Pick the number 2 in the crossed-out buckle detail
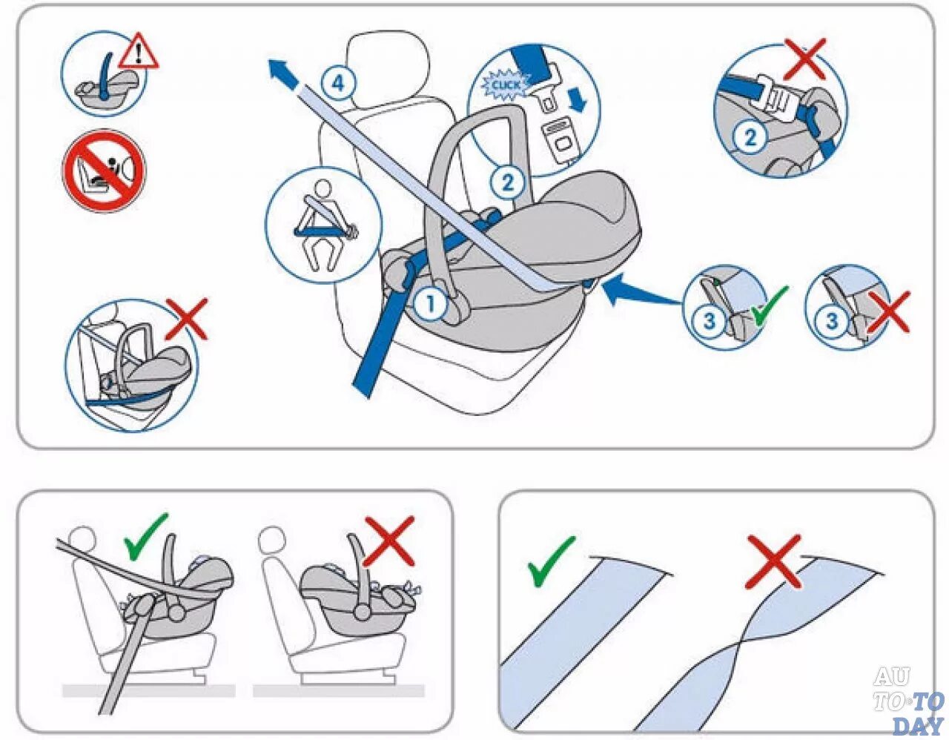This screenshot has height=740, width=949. (750, 137)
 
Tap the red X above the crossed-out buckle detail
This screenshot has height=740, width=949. (805, 59)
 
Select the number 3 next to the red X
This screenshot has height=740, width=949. (832, 321)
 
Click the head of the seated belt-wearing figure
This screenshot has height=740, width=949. (323, 190)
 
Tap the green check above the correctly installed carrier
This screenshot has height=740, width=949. (145, 537)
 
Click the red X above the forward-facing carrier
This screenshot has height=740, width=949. (389, 541)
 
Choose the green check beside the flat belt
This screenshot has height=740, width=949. (551, 561)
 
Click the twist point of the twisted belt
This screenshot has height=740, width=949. (739, 644)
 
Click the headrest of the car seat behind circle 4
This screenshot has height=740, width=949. (387, 65)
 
